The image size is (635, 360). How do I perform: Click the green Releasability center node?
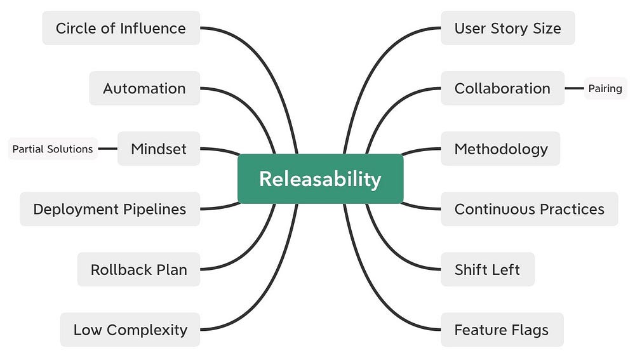pos(320,178)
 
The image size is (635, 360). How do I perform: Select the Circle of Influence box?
pos(121,28)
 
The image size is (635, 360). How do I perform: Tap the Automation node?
pos(144,88)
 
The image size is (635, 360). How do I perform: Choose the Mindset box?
pos(158,149)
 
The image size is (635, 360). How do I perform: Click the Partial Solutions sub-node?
pos(53,149)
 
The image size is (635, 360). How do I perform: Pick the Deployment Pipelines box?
pos(109,209)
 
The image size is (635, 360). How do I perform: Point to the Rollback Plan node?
pos(138,269)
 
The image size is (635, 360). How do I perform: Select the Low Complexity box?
pos(130,330)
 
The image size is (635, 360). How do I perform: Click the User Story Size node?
pos(507,28)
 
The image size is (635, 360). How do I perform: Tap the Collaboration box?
pos(502,88)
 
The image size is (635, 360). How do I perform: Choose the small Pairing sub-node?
pos(605,88)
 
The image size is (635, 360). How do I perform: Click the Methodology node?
pos(500,149)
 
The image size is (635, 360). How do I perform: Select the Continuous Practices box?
pos(529,209)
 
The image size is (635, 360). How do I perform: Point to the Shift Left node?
pos(487,269)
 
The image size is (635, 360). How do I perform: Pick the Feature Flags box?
pos(501,330)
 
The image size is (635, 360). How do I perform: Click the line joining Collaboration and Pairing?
pos(574,88)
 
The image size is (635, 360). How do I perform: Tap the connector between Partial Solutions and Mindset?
pos(108,149)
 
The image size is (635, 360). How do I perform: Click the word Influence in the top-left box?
pos(155,28)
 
